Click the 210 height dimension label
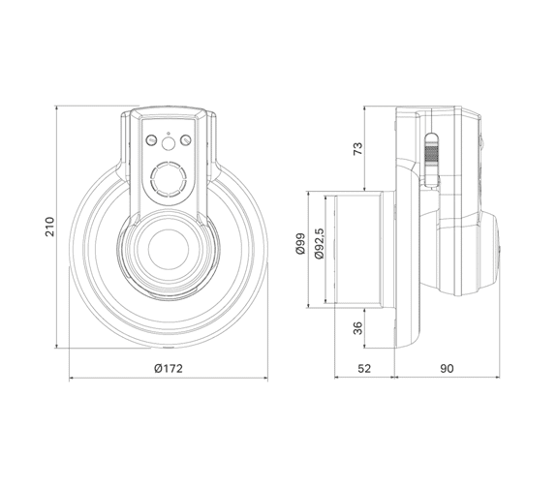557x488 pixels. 50,227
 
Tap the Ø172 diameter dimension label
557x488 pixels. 169,368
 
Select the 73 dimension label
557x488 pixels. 358,148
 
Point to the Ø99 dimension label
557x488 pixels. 300,244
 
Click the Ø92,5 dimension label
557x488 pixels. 319,244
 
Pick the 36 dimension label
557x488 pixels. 358,328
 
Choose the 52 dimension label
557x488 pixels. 364,368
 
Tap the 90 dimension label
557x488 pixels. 447,368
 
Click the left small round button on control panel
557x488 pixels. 152,140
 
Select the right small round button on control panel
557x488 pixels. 186,140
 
